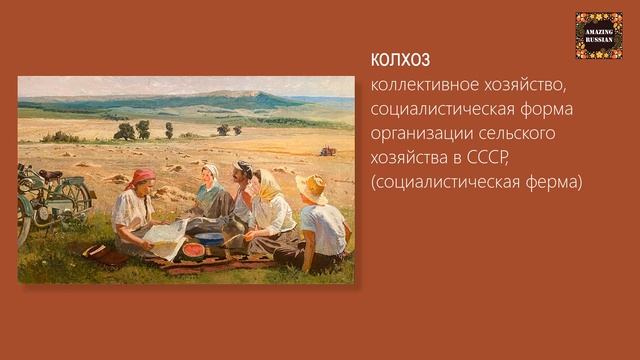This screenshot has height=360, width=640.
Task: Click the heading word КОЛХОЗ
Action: [x=400, y=60]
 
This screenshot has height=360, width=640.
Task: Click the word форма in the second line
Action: [x=549, y=109]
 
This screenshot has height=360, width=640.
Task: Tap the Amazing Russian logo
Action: [x=598, y=35]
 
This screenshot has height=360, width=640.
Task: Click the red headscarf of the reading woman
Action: [x=141, y=177]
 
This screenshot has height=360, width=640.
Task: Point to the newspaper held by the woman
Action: [x=166, y=238]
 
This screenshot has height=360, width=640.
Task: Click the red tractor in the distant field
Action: [x=327, y=151]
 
